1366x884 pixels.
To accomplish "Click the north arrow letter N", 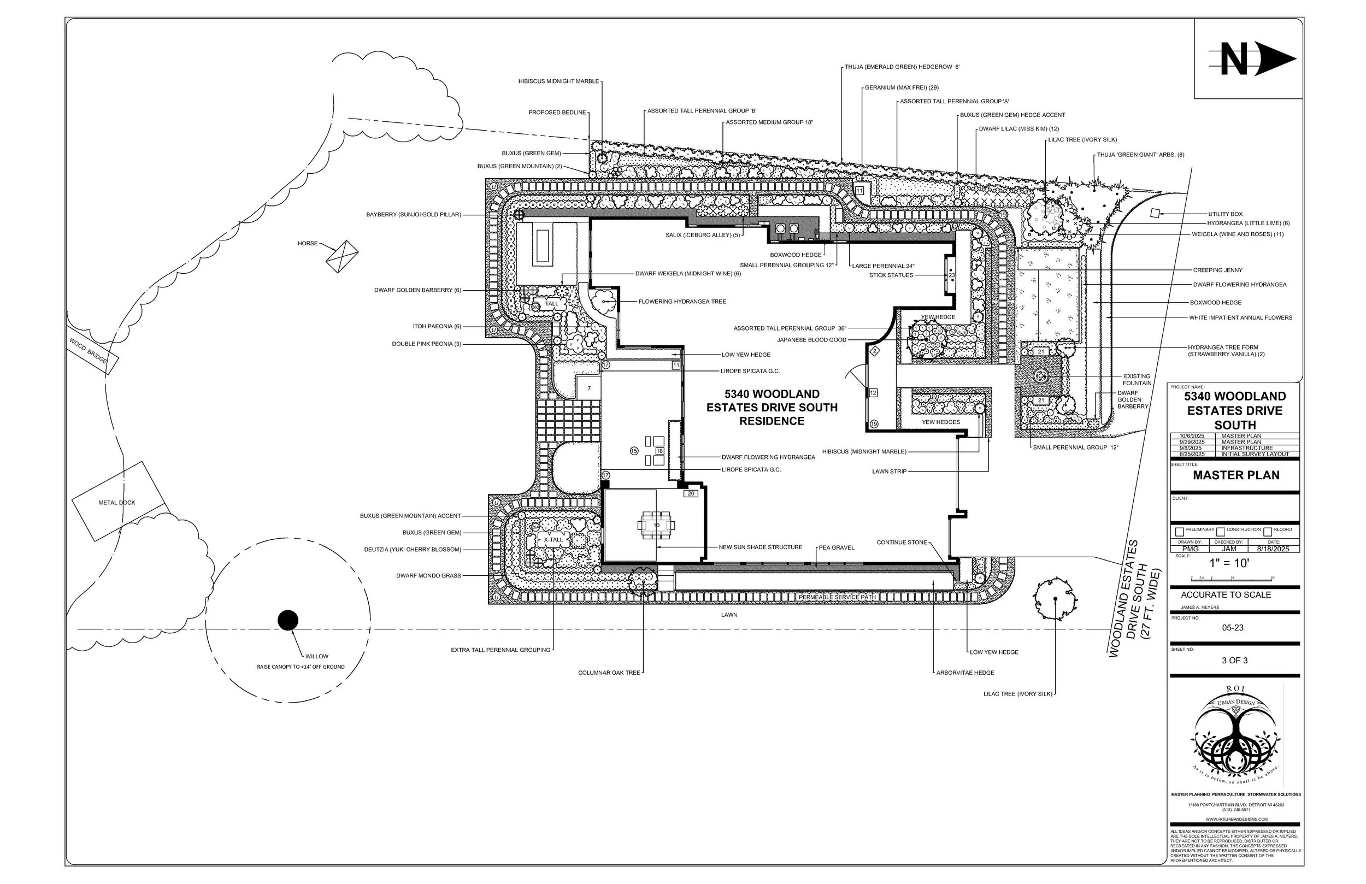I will (x=1234, y=60).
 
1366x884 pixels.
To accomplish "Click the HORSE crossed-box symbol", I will (x=342, y=257).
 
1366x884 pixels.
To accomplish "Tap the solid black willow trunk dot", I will (x=288, y=621).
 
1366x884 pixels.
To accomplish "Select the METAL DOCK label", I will (x=117, y=503).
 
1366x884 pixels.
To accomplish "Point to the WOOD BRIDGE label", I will (x=89, y=350).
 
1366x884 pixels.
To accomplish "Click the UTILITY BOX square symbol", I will (x=1155, y=213).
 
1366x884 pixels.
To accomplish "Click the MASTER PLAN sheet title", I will (x=1236, y=475).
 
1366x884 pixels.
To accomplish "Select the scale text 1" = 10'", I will (x=1229, y=563).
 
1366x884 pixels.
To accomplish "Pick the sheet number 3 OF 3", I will (x=1234, y=661).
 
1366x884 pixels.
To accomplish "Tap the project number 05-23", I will (x=1233, y=628).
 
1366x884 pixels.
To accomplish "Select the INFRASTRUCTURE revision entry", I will (x=1247, y=449).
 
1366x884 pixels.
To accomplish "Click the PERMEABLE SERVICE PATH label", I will (x=838, y=598).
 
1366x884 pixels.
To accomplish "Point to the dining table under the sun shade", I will (x=657, y=525).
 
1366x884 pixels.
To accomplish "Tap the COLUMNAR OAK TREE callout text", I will (x=608, y=673).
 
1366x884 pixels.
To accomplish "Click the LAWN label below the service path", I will (x=729, y=615).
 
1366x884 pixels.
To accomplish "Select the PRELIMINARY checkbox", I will (x=1180, y=532).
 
